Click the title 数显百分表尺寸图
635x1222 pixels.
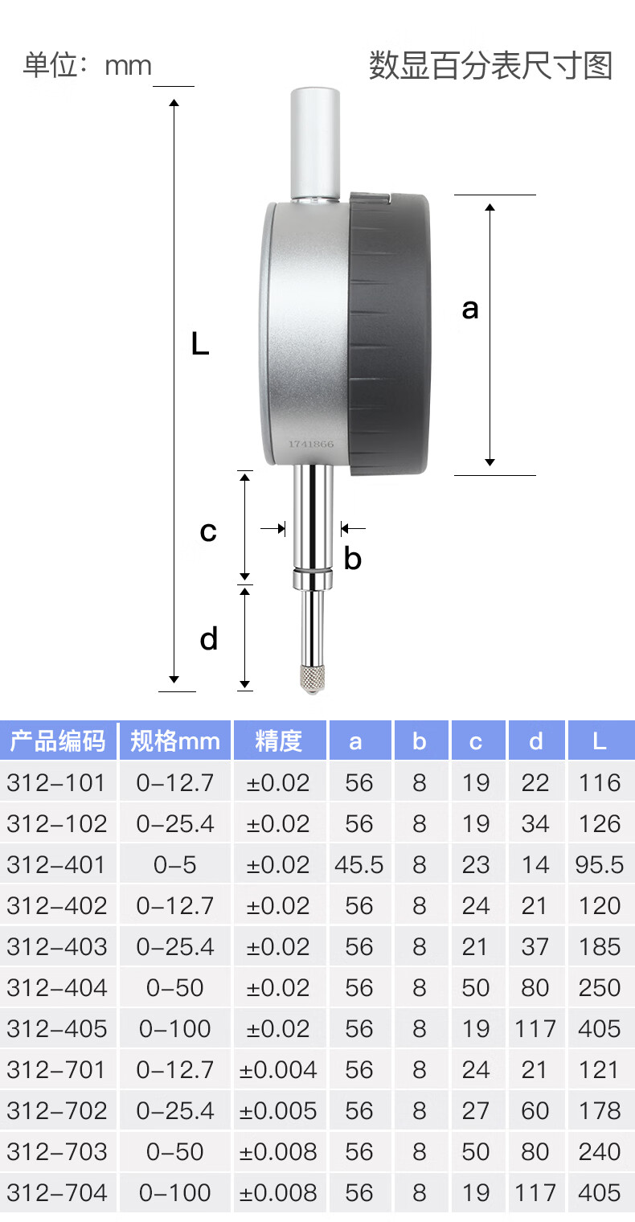pyautogui.click(x=491, y=65)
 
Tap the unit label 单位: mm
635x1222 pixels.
pyautogui.click(x=88, y=65)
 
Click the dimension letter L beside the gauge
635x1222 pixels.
pyautogui.click(x=199, y=344)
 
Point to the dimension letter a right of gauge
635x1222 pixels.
pyautogui.click(x=469, y=310)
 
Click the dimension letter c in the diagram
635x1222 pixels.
pyautogui.click(x=208, y=531)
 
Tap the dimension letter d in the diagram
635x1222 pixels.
pyautogui.click(x=209, y=639)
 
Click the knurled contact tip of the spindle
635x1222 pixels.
pyautogui.click(x=313, y=678)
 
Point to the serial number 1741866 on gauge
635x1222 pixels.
pyautogui.click(x=311, y=444)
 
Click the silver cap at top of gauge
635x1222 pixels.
pyautogui.click(x=315, y=143)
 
